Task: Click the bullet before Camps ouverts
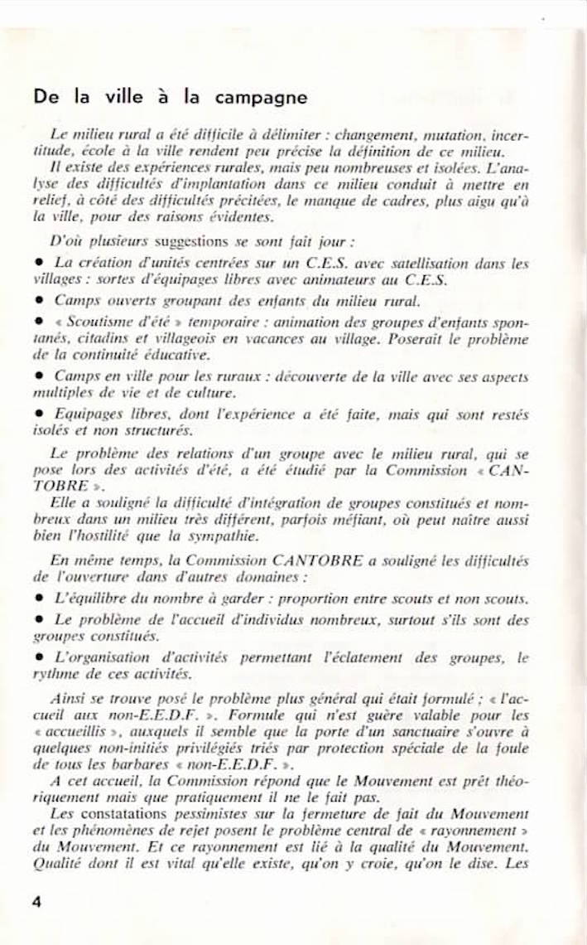[39, 300]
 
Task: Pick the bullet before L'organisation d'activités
[39, 658]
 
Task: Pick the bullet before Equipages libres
[39, 413]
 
